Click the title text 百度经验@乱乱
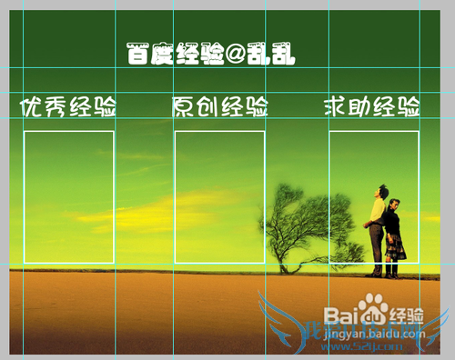[x=213, y=55]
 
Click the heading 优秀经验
[x=69, y=107]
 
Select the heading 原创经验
[x=220, y=107]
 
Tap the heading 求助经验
[x=371, y=107]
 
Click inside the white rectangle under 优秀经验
[x=68, y=195]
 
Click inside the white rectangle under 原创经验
[x=219, y=195]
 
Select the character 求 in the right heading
[x=335, y=107]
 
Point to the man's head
[x=383, y=192]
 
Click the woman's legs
[x=391, y=267]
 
